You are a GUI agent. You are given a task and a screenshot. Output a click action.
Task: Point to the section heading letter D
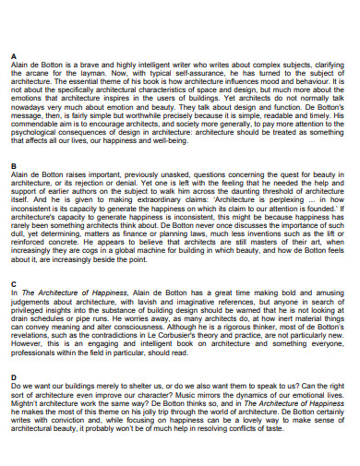[x=12, y=377]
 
